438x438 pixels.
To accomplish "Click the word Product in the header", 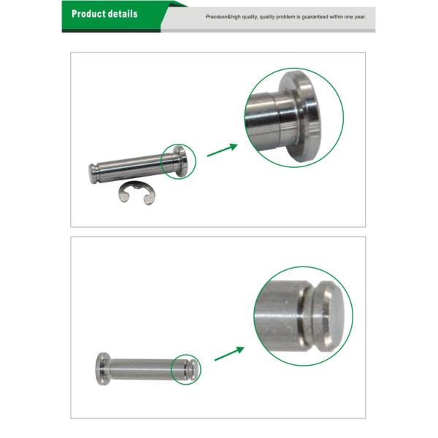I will click(89, 14).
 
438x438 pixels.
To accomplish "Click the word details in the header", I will click(123, 14).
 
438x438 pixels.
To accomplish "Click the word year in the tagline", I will click(360, 15).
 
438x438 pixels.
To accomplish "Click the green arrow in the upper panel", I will click(222, 150).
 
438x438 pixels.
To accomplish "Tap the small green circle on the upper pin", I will click(180, 159).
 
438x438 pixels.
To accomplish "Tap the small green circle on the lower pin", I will click(185, 368).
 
